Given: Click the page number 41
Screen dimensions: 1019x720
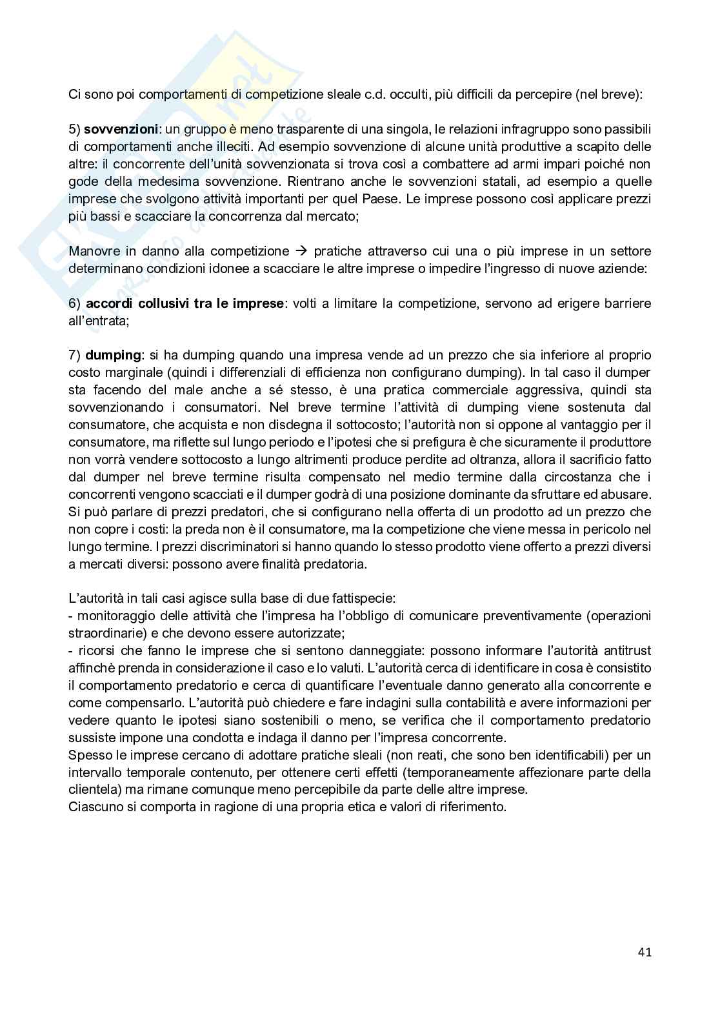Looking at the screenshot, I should [x=644, y=951].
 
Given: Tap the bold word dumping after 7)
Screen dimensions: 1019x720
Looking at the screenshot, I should [x=113, y=355].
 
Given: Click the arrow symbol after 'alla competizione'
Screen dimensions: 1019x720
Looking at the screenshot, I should [x=301, y=251].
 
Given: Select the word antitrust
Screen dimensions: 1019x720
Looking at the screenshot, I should [x=625, y=650].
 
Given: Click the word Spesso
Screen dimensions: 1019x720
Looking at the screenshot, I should [x=88, y=754].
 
